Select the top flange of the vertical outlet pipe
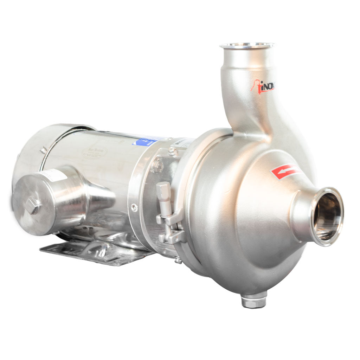(x=247, y=46)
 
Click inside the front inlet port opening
(x=327, y=216)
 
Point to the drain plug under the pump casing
(x=253, y=301)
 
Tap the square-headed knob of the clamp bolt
(x=163, y=188)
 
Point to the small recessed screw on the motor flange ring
(x=134, y=207)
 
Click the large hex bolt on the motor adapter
(x=157, y=166)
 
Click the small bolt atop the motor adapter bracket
(x=172, y=151)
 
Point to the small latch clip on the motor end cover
(x=43, y=150)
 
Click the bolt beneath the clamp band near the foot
(x=178, y=260)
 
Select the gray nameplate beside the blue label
(x=182, y=142)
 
